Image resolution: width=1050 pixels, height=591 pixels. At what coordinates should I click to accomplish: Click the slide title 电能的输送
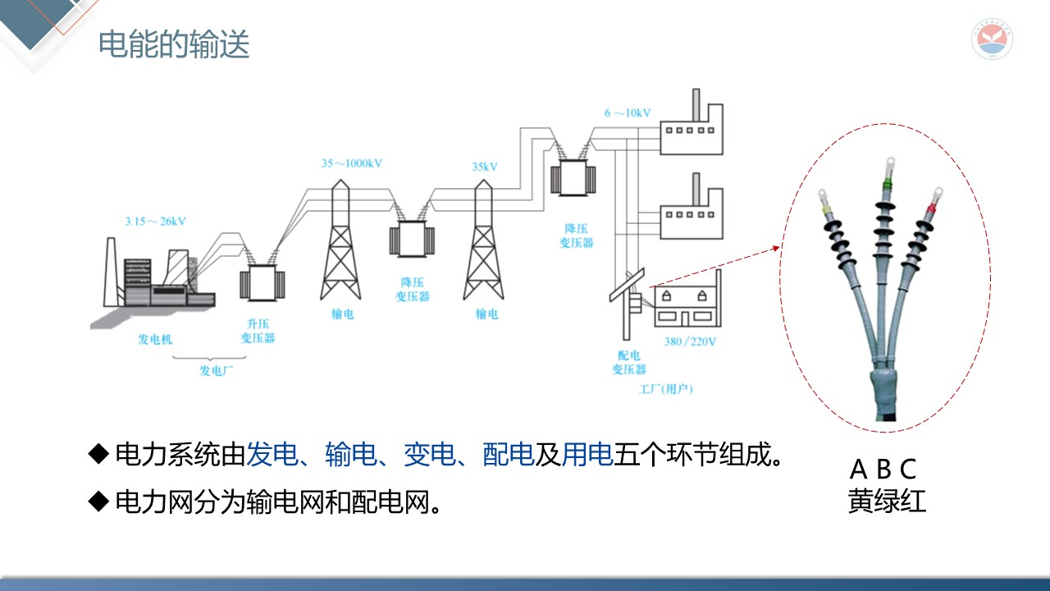[174, 44]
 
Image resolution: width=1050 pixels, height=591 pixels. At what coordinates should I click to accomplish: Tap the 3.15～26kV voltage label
[155, 221]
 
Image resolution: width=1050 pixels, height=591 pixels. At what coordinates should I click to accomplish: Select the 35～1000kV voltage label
[351, 163]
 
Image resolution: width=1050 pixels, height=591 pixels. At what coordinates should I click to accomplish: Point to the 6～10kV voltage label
[628, 112]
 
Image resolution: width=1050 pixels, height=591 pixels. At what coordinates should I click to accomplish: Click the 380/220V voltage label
[691, 341]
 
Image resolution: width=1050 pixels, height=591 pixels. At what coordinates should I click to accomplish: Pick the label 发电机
[155, 339]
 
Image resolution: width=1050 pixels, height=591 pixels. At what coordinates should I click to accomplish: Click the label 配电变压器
[629, 363]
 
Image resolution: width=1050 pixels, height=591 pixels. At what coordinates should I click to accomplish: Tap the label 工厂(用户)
[665, 388]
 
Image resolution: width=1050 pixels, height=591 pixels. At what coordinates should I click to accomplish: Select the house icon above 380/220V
[682, 308]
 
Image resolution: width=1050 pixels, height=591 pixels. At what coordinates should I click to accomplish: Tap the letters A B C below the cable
[883, 470]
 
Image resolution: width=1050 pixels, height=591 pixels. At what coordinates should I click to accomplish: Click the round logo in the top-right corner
[993, 39]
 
